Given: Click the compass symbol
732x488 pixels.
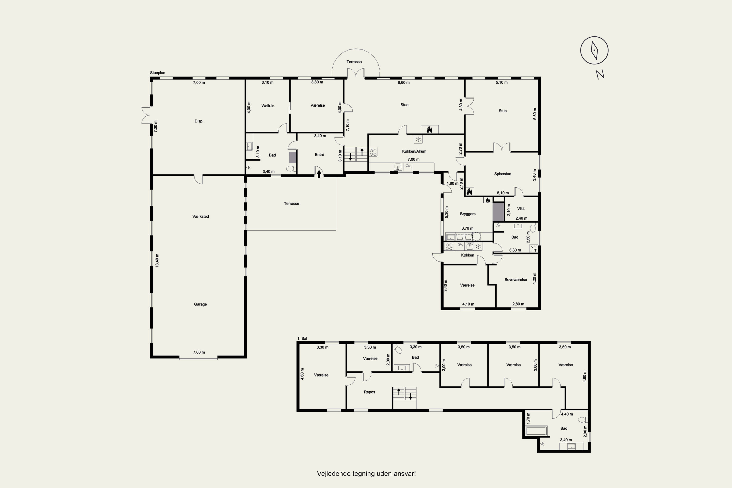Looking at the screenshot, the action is (x=594, y=50).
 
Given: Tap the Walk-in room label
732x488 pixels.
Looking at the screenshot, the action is (x=268, y=106).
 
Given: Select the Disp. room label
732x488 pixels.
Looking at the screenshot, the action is (x=199, y=121).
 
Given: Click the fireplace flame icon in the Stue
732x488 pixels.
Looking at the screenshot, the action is (x=429, y=130).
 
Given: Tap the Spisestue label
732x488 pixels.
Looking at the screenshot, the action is (x=503, y=174).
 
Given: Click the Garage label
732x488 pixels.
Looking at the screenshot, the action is (x=200, y=304).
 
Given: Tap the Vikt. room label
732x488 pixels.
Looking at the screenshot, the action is (x=521, y=209).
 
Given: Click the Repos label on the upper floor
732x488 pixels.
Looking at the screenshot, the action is (x=369, y=392).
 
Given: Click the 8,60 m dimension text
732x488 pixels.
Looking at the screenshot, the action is (x=404, y=83).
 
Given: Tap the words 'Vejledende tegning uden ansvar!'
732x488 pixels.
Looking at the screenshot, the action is (x=366, y=474).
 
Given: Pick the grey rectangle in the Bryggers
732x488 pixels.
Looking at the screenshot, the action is (x=498, y=212).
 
